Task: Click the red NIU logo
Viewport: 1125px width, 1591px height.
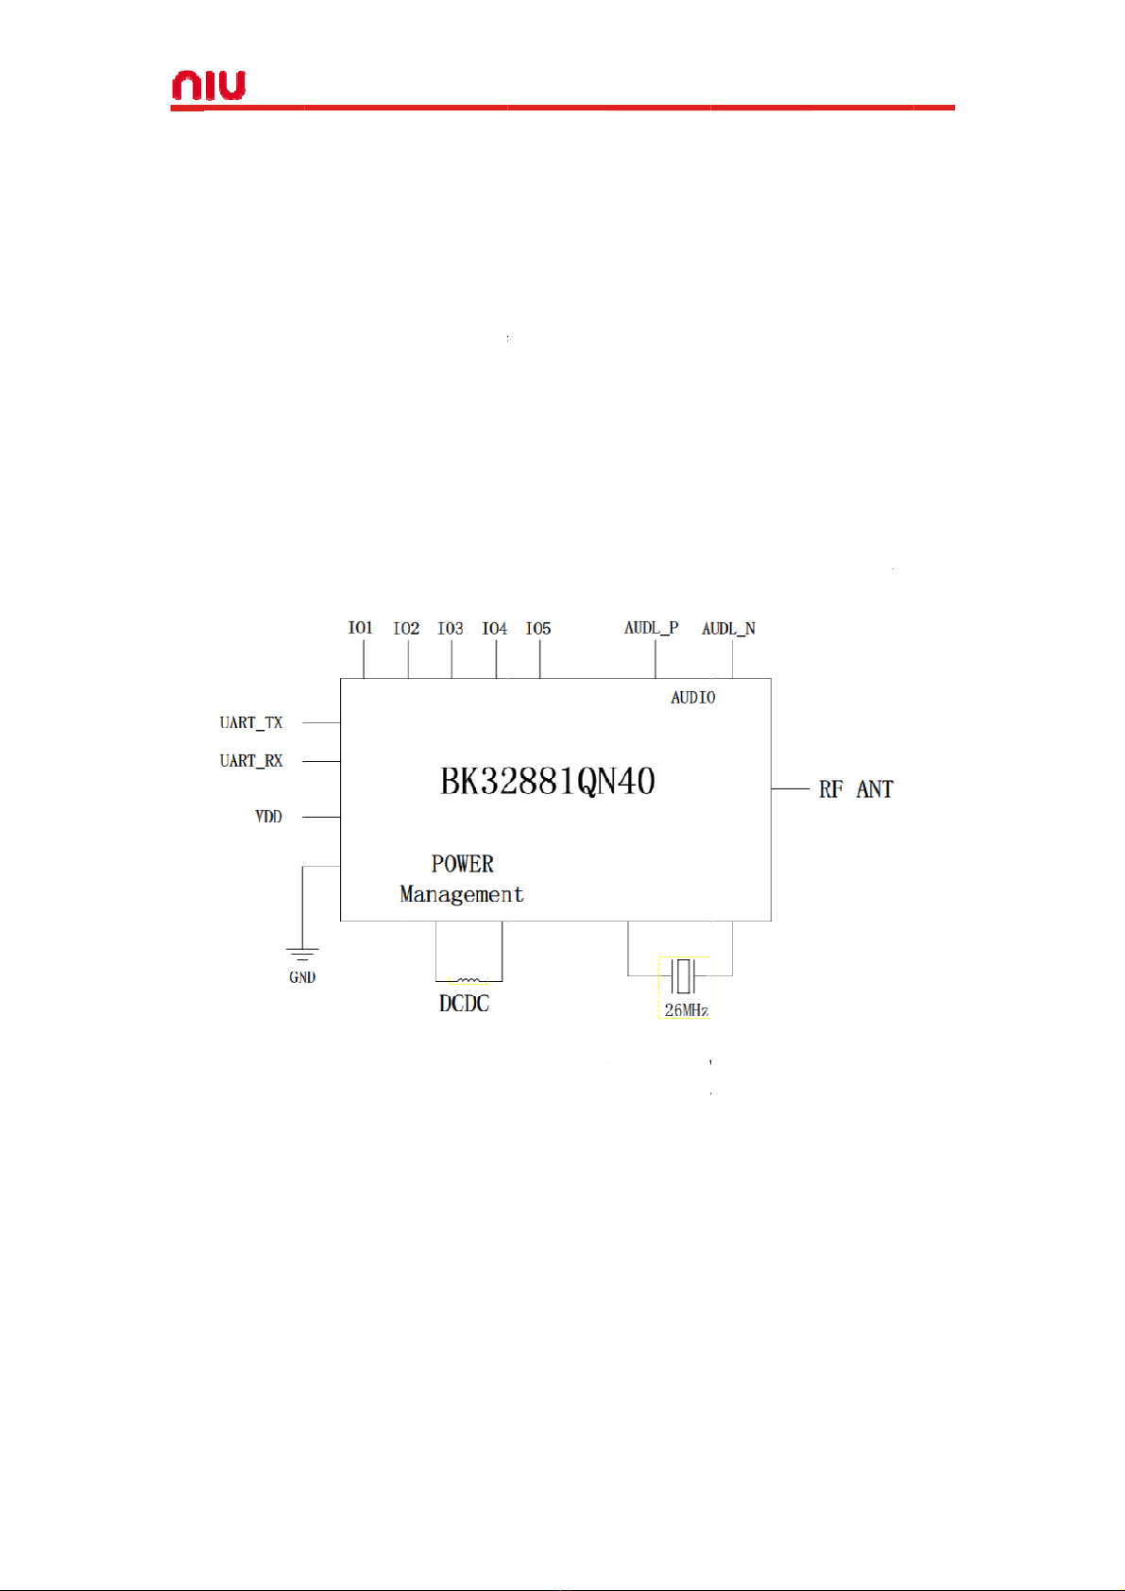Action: [x=208, y=86]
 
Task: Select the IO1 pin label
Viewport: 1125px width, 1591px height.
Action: [x=361, y=628]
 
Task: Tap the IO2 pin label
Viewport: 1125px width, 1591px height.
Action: [x=406, y=629]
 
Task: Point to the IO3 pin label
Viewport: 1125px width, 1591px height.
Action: [x=451, y=629]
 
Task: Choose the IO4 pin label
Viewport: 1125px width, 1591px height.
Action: [x=495, y=629]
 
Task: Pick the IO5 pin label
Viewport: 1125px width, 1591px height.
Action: [x=538, y=629]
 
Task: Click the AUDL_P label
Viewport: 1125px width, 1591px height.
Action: [x=651, y=628]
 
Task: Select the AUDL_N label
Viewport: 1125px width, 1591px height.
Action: [x=728, y=629]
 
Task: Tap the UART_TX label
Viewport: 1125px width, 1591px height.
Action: [x=251, y=723]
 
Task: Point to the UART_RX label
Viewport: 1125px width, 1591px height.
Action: [x=251, y=761]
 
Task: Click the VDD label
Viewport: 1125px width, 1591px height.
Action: [x=268, y=817]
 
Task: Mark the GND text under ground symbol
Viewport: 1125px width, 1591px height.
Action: [x=302, y=977]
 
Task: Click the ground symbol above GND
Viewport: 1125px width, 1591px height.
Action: [x=302, y=956]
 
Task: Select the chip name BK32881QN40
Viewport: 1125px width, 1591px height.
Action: [x=548, y=782]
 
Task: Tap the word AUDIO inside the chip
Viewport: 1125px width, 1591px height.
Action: [x=693, y=698]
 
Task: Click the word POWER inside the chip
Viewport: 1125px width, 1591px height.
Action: [x=463, y=864]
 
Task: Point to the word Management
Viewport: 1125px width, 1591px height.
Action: [x=462, y=894]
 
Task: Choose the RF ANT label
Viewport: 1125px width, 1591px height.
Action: [x=856, y=789]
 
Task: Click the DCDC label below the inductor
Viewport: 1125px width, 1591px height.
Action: [x=465, y=1004]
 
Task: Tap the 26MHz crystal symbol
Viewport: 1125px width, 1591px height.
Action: [x=683, y=975]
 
